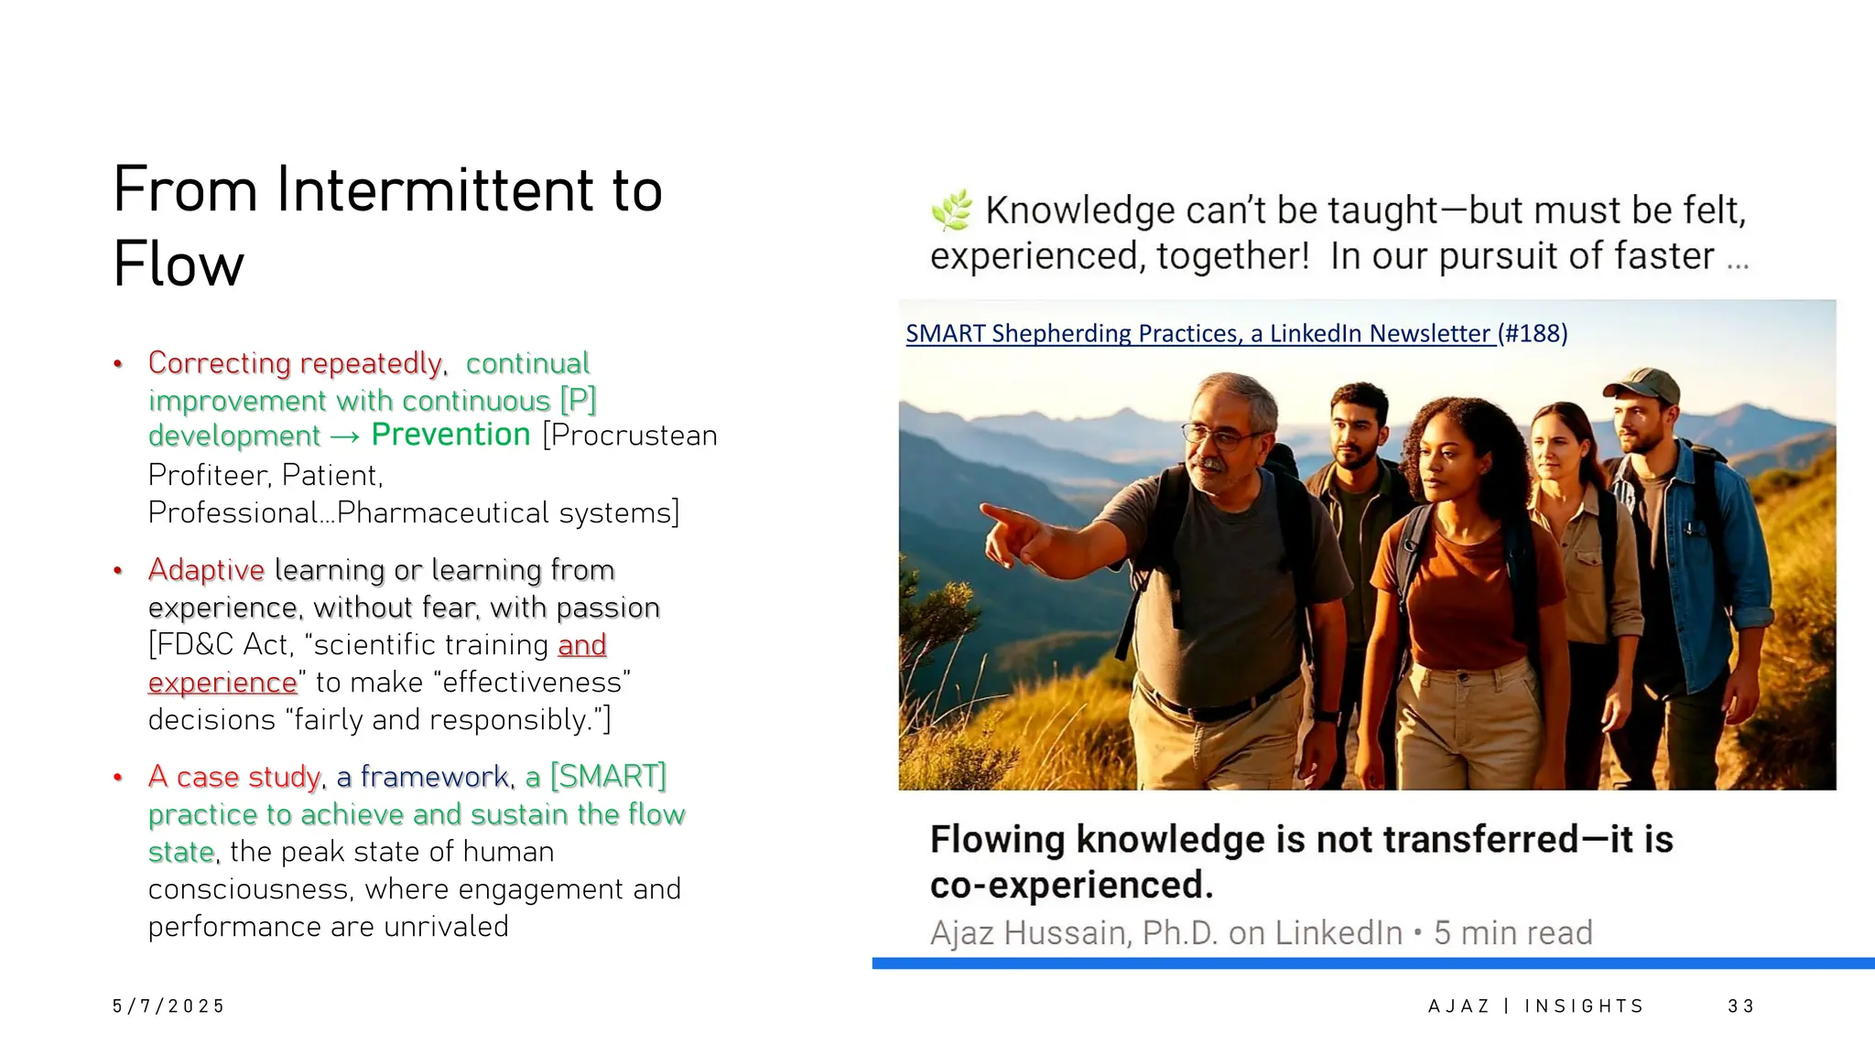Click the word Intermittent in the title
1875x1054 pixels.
pos(435,190)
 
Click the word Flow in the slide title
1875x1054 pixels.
pos(179,265)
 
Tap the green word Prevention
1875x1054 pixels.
pos(450,435)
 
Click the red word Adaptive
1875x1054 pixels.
pos(206,570)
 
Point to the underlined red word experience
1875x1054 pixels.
pos(222,683)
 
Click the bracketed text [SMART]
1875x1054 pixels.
pos(608,777)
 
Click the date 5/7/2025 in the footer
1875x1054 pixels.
pos(168,1006)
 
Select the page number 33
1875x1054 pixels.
pos(1740,1006)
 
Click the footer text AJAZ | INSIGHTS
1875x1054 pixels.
pos(1535,1006)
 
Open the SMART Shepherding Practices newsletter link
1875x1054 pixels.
pos(1199,333)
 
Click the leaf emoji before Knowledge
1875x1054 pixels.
pos(952,210)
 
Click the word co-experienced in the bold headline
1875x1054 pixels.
pos(1071,886)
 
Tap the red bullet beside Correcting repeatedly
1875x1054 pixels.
pos(118,364)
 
